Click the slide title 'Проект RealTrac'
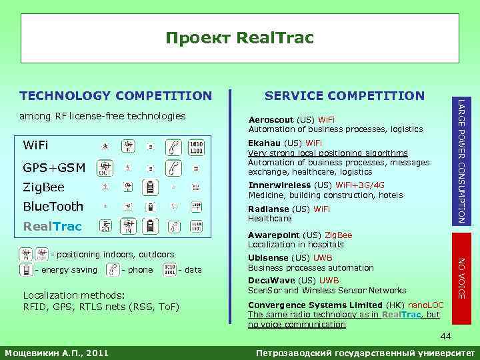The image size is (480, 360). (x=239, y=38)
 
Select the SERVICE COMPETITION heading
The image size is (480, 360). (x=344, y=96)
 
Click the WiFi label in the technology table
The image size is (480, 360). (x=35, y=145)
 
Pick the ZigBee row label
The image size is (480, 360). (x=44, y=187)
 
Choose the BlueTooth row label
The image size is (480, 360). (x=53, y=206)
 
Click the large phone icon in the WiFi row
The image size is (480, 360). (x=173, y=146)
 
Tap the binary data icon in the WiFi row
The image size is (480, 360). (x=196, y=146)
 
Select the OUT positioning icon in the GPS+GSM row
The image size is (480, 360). (x=105, y=167)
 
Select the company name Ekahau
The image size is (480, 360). (x=265, y=143)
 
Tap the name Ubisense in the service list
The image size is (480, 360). (x=268, y=258)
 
